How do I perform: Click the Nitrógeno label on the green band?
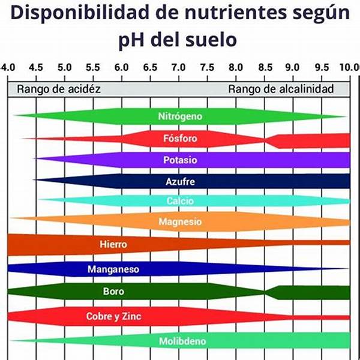[180, 116]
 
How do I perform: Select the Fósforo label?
[180, 139]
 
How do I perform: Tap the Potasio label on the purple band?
[180, 160]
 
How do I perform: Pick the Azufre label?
[180, 181]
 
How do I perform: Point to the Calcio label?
[180, 200]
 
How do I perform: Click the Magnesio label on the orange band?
[180, 222]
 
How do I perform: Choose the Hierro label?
[113, 245]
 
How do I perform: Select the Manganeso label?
[113, 269]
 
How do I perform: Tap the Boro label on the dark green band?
[113, 292]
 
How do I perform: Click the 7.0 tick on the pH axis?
[178, 67]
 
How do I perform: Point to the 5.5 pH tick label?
[93, 67]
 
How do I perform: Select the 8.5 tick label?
[265, 67]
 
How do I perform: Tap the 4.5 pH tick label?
[35, 67]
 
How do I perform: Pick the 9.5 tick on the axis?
[322, 67]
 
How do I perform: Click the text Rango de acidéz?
[59, 89]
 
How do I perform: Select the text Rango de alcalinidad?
[281, 89]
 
